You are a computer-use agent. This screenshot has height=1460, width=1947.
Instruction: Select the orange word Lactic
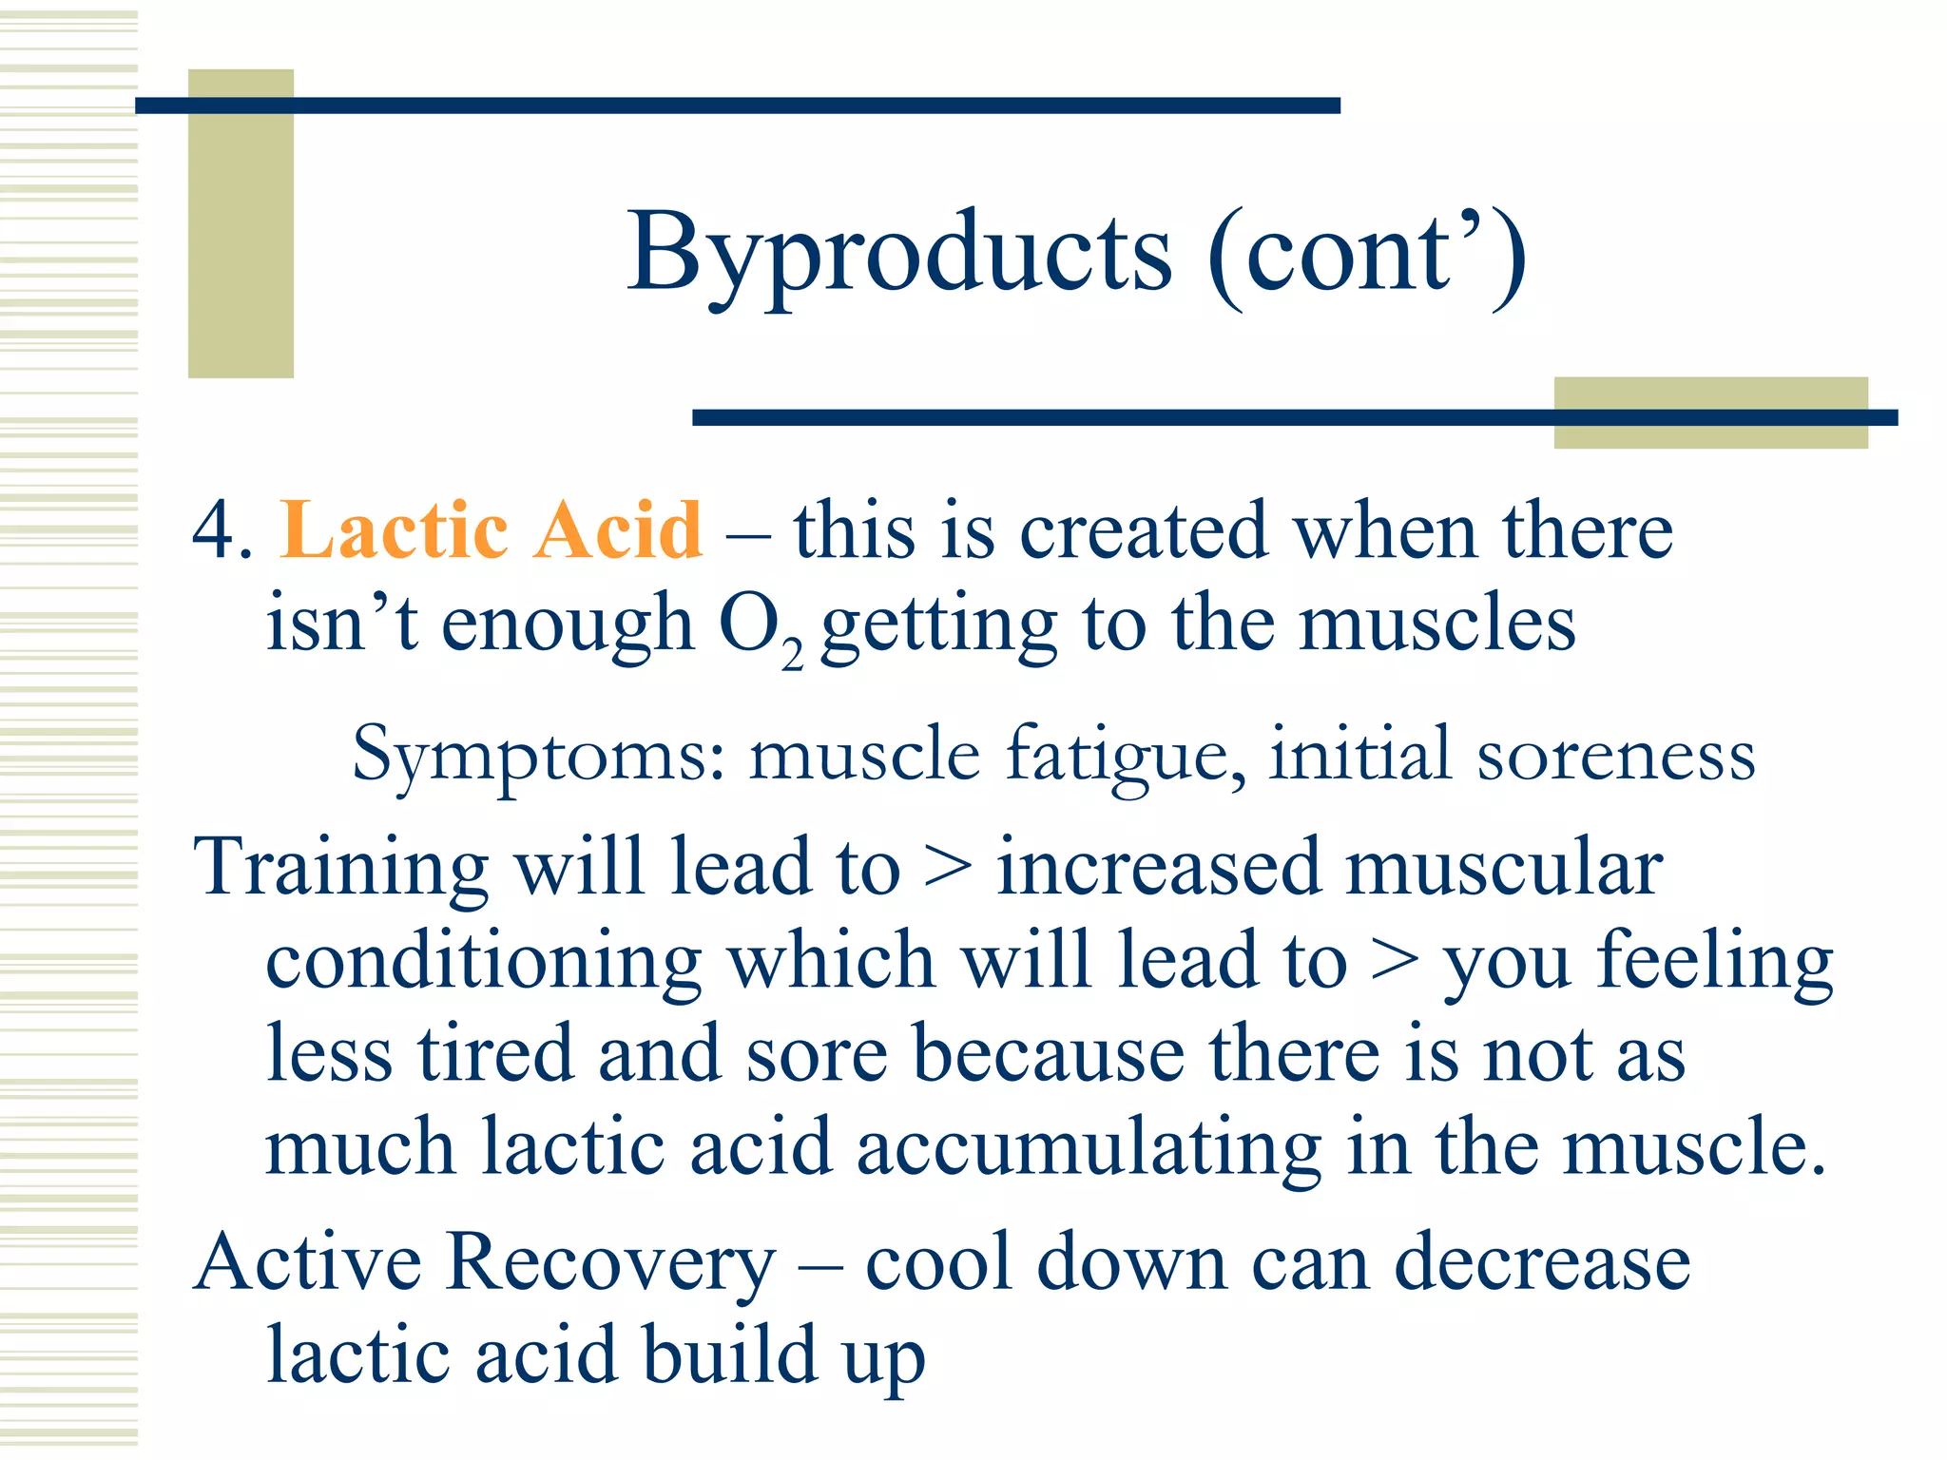click(x=394, y=530)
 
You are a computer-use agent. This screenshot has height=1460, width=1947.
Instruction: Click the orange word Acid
click(x=618, y=530)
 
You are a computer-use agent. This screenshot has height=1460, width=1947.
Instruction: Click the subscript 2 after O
click(x=792, y=656)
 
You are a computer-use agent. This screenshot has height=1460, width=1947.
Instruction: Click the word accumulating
click(x=1089, y=1148)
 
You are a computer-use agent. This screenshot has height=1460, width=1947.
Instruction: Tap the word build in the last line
click(x=729, y=1354)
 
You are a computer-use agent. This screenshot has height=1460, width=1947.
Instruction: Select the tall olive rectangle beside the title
click(x=241, y=224)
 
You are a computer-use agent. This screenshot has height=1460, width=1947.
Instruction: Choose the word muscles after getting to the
click(x=1436, y=624)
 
